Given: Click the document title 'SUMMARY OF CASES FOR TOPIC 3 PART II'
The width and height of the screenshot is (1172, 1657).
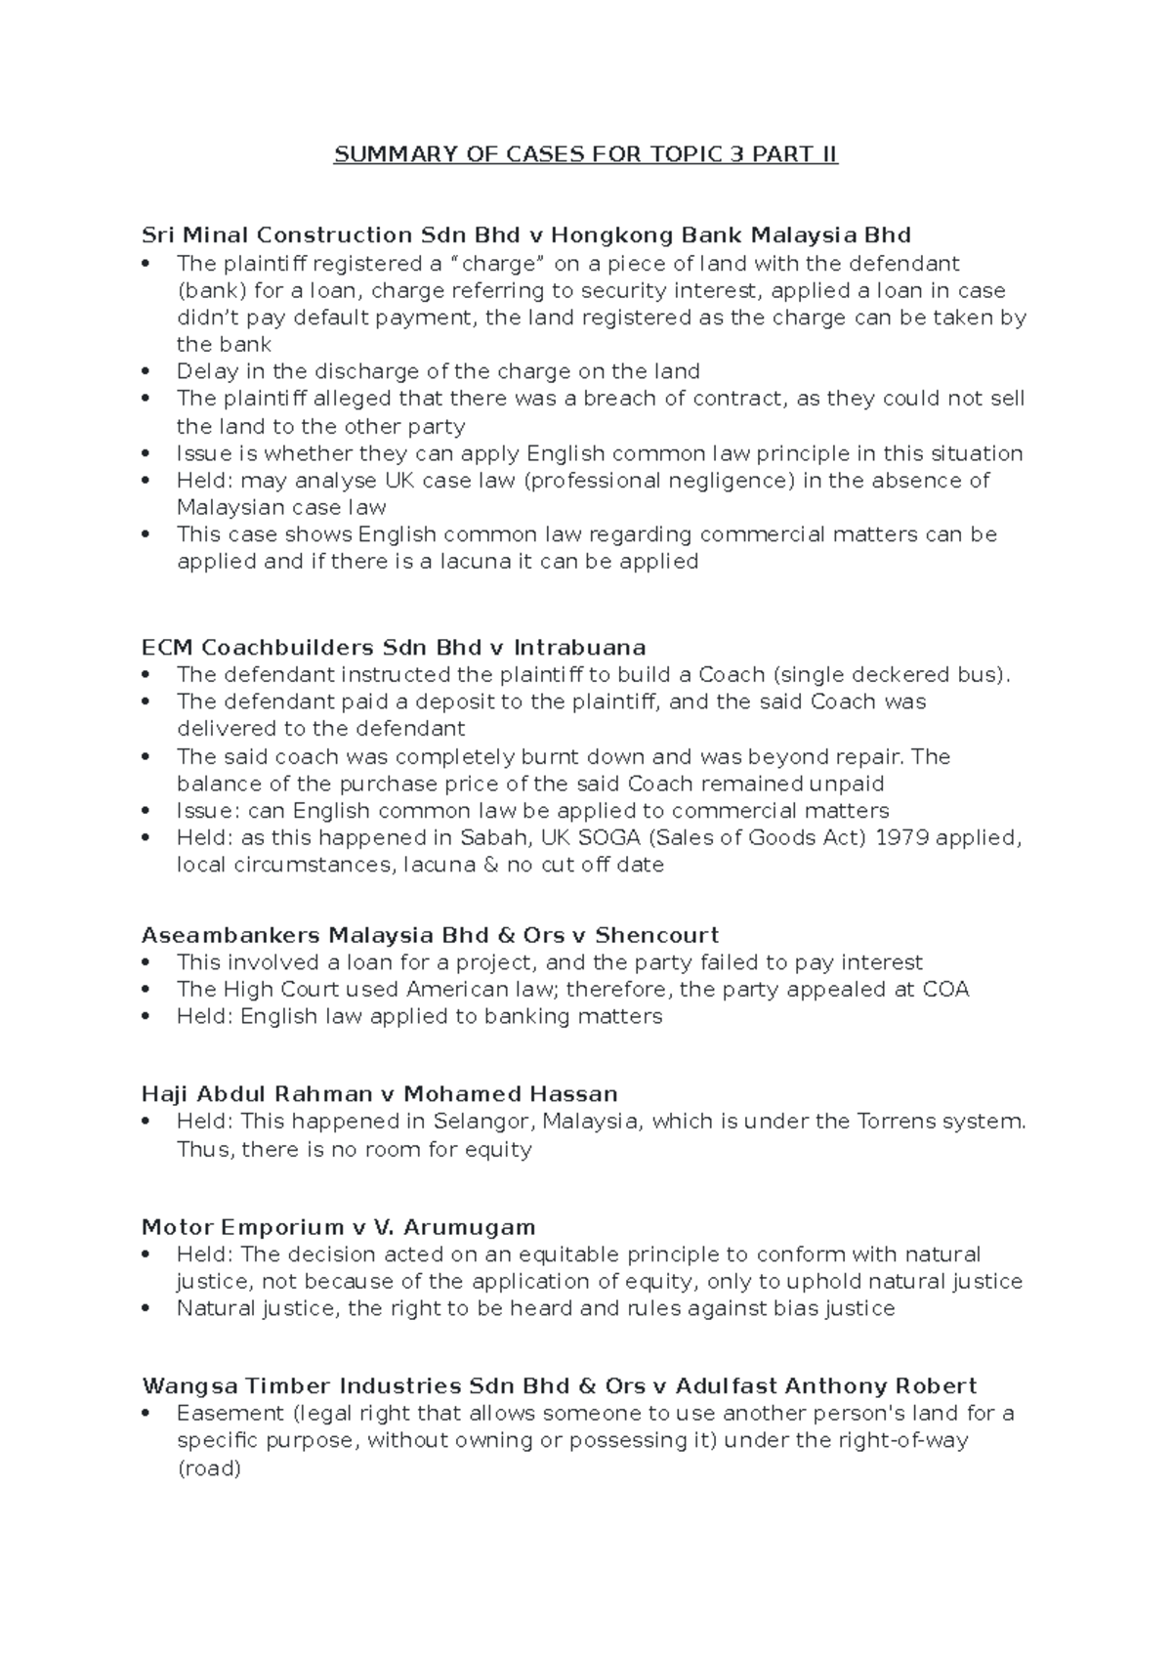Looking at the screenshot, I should pos(585,155).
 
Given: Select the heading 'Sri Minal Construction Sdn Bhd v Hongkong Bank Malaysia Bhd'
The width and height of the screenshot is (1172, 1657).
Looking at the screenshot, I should pos(525,235).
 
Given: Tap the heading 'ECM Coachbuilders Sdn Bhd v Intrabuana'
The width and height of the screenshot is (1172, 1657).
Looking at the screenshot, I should pos(394,648).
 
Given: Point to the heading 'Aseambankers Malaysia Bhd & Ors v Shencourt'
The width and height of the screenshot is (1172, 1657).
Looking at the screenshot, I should pos(430,935).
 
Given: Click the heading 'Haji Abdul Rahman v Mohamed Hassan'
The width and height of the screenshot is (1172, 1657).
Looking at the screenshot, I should pos(379,1094).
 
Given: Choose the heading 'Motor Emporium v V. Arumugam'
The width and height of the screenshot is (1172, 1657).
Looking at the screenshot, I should pos(338,1227).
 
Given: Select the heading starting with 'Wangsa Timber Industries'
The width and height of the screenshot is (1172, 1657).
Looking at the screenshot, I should pos(559,1386).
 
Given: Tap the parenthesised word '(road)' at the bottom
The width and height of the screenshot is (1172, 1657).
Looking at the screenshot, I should pos(208,1468).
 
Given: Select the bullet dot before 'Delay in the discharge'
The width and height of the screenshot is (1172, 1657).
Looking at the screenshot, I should pos(146,372).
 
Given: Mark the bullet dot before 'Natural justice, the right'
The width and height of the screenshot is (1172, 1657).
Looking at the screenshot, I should pos(146,1309).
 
